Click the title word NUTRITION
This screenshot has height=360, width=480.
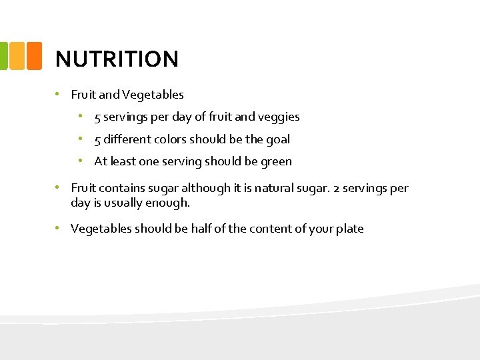(x=117, y=59)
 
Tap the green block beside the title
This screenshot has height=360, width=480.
(x=3, y=55)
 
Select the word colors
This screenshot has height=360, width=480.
(x=170, y=139)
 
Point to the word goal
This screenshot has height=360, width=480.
(x=278, y=139)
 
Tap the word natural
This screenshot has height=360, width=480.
(x=287, y=189)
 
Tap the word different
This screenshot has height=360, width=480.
(x=127, y=139)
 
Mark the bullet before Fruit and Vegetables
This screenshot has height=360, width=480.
(x=58, y=94)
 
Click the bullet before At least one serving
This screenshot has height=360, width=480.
(x=80, y=161)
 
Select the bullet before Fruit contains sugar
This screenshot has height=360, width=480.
(x=58, y=188)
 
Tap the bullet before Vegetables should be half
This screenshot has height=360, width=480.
(x=58, y=228)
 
